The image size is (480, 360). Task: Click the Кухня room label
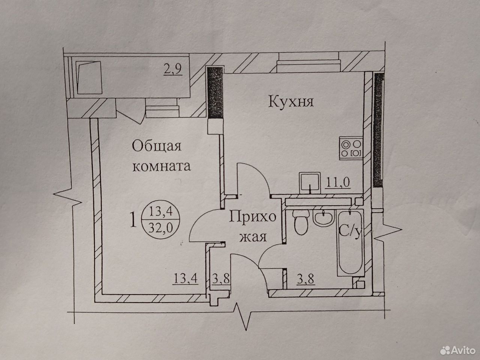(291, 102)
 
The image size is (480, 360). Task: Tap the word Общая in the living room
(157, 146)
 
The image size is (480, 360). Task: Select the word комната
(162, 166)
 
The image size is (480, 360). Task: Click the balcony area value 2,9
(173, 69)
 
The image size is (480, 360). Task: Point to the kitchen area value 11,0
(338, 182)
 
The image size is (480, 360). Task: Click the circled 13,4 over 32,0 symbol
(161, 219)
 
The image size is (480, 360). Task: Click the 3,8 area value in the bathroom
(306, 279)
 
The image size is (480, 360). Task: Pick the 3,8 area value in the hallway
(221, 279)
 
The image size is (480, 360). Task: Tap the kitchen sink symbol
(310, 183)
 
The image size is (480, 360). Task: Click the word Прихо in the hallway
(252, 218)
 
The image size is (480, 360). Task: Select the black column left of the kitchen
(215, 93)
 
